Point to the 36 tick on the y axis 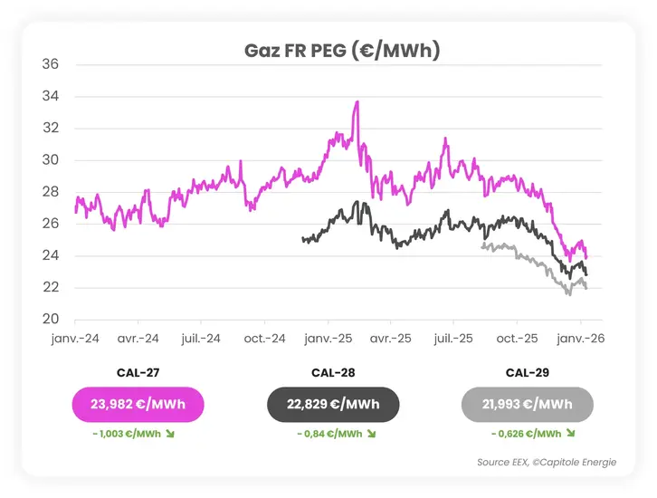pyautogui.click(x=51, y=64)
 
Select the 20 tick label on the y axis pyautogui.click(x=51, y=320)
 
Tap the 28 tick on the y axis pyautogui.click(x=51, y=192)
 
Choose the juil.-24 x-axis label pyautogui.click(x=200, y=338)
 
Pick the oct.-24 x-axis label pyautogui.click(x=265, y=338)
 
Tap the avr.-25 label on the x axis pyautogui.click(x=390, y=338)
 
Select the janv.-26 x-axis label pyautogui.click(x=580, y=338)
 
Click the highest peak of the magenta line pyautogui.click(x=357, y=102)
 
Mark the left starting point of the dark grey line pyautogui.click(x=302, y=239)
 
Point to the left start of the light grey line pyautogui.click(x=482, y=246)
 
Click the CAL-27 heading pyautogui.click(x=138, y=372)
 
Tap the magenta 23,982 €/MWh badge pyautogui.click(x=138, y=404)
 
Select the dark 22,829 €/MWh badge pyautogui.click(x=333, y=404)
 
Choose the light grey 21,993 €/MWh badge pyautogui.click(x=528, y=404)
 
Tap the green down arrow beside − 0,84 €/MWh pyautogui.click(x=371, y=435)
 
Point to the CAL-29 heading pyautogui.click(x=528, y=372)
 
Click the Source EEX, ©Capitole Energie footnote pyautogui.click(x=547, y=463)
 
